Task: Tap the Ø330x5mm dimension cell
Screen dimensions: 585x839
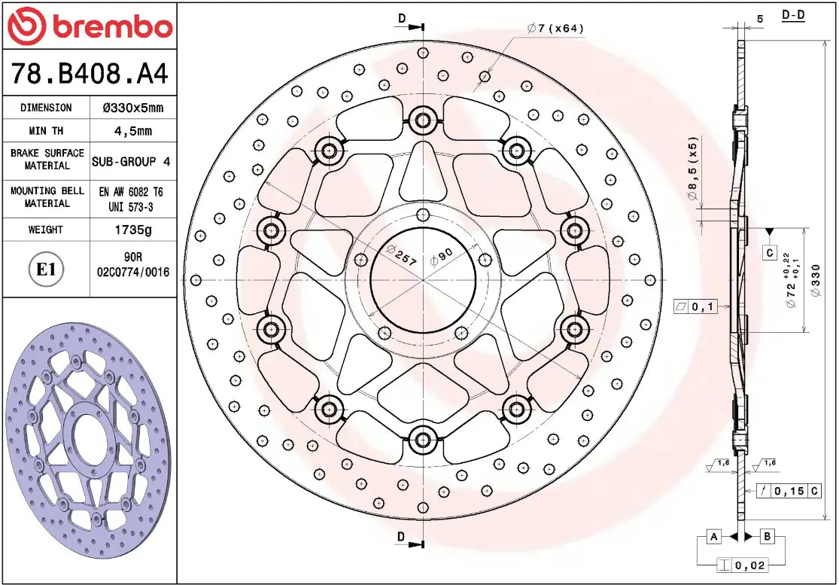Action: [x=132, y=108]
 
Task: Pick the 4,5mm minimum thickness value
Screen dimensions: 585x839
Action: [x=132, y=131]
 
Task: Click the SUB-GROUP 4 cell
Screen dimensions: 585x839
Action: [x=132, y=161]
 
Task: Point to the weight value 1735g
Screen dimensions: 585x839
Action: [x=132, y=230]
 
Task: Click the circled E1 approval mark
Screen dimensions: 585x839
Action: [x=47, y=270]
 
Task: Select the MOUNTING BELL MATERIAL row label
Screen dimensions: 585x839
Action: [x=47, y=197]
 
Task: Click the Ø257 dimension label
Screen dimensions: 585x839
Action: [x=400, y=254]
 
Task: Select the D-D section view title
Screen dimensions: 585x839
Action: [x=793, y=15]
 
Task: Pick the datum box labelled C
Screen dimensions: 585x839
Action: [x=769, y=253]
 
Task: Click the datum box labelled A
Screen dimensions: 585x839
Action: [x=714, y=536]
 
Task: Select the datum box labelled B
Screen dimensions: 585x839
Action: [x=768, y=536]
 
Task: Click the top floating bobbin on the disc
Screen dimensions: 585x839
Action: [x=423, y=119]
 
